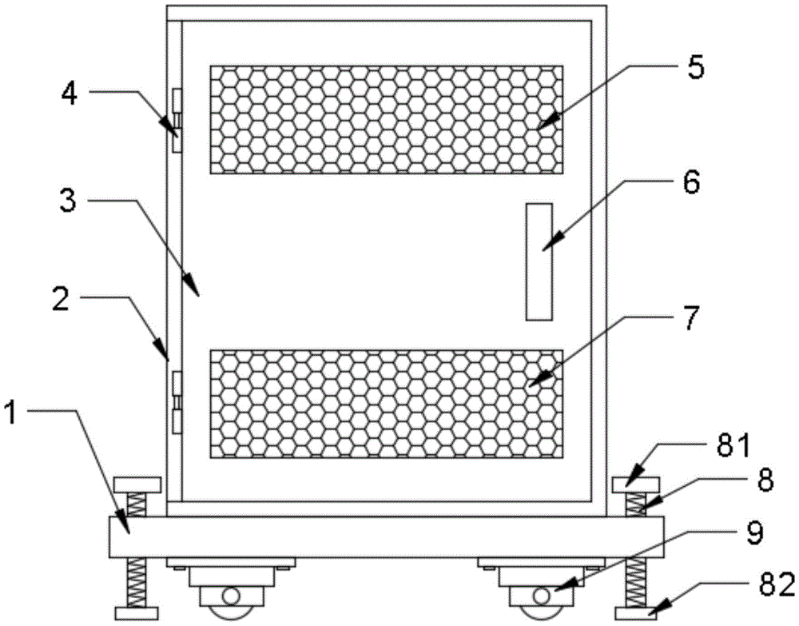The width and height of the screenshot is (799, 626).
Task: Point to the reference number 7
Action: tap(691, 319)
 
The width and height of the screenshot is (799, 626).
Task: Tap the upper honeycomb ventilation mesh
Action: tap(386, 119)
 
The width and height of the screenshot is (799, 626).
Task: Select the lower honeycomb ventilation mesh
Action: tap(386, 404)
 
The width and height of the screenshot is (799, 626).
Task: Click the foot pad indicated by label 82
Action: tap(637, 613)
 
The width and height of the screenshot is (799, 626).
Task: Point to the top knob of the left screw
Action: tap(138, 484)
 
